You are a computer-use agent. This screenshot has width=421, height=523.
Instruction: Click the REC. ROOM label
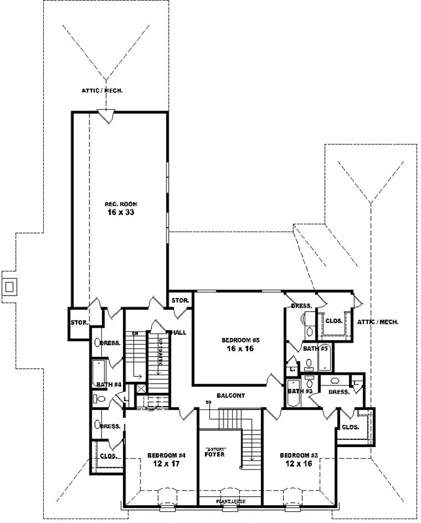click(120, 204)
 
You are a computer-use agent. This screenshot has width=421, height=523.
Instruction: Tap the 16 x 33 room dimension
click(120, 212)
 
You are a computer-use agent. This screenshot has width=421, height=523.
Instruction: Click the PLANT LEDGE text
click(231, 501)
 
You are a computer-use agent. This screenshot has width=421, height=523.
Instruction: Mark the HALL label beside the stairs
click(178, 333)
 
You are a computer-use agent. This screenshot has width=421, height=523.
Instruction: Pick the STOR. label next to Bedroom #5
click(180, 301)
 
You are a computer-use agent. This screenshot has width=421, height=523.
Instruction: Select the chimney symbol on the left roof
click(9, 286)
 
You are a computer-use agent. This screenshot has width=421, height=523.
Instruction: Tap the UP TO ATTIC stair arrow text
click(160, 354)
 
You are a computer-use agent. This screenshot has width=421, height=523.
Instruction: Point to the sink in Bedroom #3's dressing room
click(335, 380)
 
